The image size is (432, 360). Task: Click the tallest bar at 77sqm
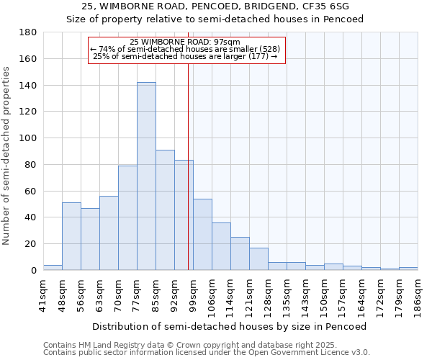[146, 176]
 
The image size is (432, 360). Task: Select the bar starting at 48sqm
[71, 236]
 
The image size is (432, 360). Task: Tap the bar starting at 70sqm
[127, 217]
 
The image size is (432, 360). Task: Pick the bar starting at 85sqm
[165, 210]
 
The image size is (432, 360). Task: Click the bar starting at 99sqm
[202, 234]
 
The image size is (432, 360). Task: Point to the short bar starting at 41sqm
[53, 268]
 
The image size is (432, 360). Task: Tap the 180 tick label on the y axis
[28, 32]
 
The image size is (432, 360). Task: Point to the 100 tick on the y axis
[28, 138]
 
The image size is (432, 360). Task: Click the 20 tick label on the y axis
[31, 244]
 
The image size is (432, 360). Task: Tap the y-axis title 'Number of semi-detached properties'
[7, 156]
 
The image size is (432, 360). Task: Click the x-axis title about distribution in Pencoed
[230, 326]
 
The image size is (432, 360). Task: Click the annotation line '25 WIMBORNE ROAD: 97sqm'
[186, 42]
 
